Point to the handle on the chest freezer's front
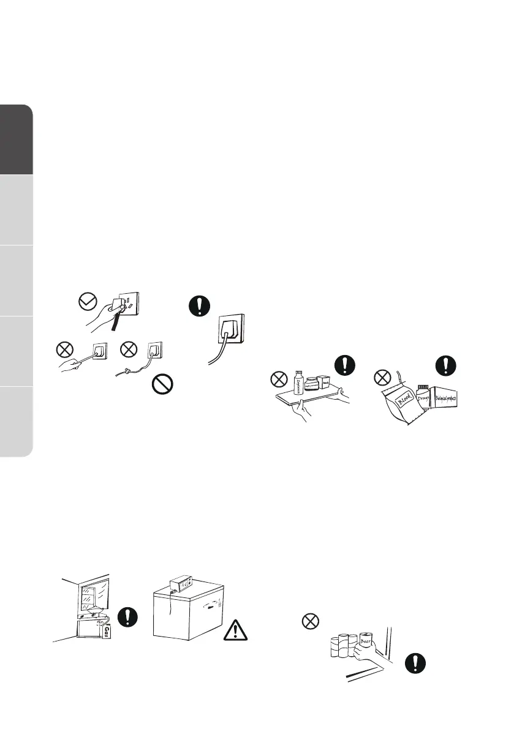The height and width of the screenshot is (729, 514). click(212, 608)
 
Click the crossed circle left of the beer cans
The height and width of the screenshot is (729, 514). click(311, 622)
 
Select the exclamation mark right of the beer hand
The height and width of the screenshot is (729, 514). click(417, 664)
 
